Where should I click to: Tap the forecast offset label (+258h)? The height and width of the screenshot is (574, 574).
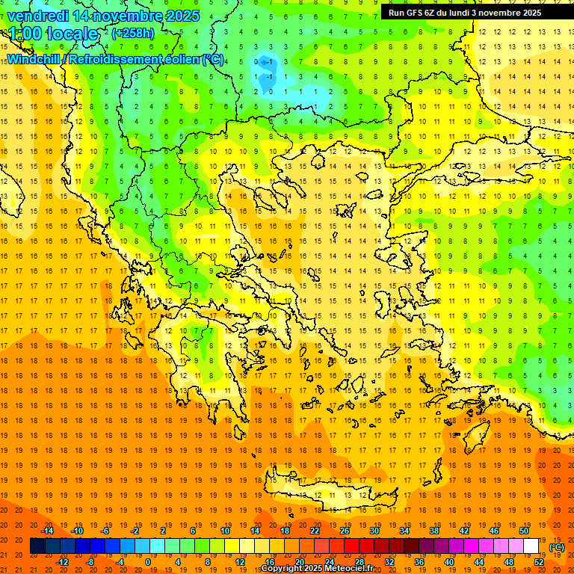(x=133, y=33)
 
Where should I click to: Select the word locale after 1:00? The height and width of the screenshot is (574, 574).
(x=72, y=34)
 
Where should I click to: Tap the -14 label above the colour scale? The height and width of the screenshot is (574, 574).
(x=48, y=531)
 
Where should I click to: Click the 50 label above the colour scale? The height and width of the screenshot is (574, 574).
(x=524, y=531)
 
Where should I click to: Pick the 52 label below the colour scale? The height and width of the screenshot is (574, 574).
(x=539, y=562)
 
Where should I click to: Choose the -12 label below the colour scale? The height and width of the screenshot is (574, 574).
(x=63, y=562)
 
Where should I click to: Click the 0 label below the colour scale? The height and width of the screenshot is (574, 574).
(x=148, y=562)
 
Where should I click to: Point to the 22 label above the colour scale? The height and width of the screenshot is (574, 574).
(x=315, y=531)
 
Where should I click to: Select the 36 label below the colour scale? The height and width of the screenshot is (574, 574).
(x=419, y=562)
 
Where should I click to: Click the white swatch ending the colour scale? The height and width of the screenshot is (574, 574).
(x=531, y=546)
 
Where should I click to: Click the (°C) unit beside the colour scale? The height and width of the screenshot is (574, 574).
(x=557, y=547)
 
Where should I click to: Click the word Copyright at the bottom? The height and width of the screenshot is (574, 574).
(x=283, y=569)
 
